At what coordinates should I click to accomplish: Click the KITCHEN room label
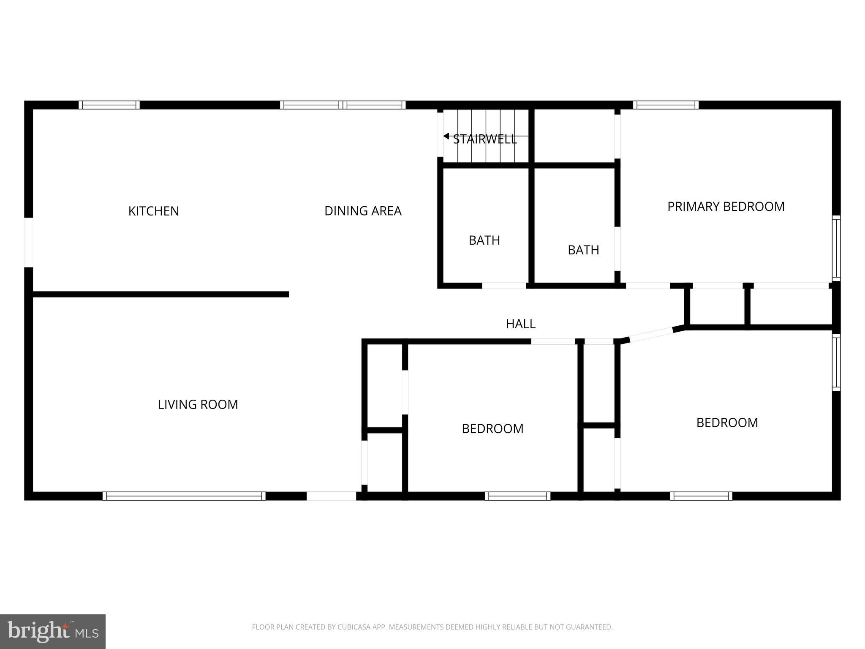(x=153, y=211)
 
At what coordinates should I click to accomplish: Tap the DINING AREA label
(x=363, y=211)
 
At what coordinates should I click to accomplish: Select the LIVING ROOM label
(x=198, y=404)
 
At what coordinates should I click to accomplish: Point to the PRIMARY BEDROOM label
(x=726, y=206)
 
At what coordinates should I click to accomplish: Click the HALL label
(x=520, y=324)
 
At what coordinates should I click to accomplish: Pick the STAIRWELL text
(x=485, y=139)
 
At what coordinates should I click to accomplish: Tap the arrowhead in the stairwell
(x=446, y=136)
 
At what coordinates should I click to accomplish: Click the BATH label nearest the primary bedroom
(x=583, y=250)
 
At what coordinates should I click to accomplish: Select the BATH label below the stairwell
(x=484, y=240)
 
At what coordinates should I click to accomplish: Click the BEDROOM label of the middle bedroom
(x=492, y=428)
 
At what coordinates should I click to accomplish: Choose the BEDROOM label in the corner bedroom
(x=727, y=423)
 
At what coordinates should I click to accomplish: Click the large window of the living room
(x=184, y=496)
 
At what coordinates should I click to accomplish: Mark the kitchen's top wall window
(x=109, y=105)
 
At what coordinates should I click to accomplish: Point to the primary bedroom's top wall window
(x=666, y=105)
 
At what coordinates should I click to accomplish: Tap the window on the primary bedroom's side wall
(x=836, y=248)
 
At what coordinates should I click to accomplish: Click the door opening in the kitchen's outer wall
(x=28, y=243)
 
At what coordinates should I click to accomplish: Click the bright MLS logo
(x=53, y=631)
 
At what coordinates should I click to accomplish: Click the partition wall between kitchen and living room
(x=160, y=294)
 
